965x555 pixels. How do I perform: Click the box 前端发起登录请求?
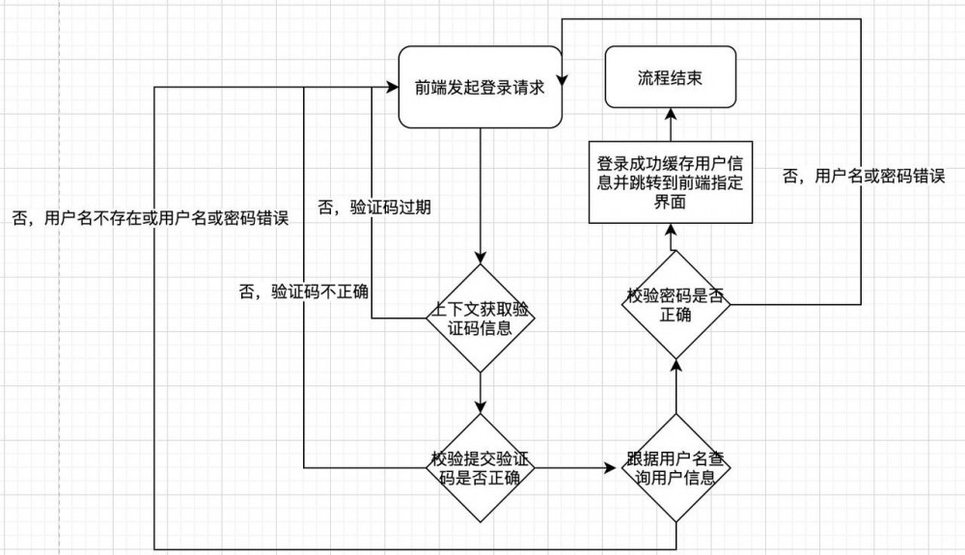point(481,87)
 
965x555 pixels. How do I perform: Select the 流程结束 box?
point(670,78)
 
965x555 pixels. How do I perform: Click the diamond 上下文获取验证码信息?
point(481,318)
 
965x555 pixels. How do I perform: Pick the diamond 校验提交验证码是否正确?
point(481,468)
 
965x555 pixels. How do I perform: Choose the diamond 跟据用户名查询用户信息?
point(675,468)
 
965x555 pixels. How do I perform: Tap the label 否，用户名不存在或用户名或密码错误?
point(150,218)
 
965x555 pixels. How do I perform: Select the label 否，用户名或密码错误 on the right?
point(862,177)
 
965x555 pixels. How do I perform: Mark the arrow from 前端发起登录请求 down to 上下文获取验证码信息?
point(481,193)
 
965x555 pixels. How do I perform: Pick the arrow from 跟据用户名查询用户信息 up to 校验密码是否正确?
point(675,386)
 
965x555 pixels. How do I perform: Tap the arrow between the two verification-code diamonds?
point(481,394)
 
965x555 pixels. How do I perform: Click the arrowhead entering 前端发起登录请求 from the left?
point(393,87)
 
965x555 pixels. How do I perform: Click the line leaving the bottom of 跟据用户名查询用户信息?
point(675,537)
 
